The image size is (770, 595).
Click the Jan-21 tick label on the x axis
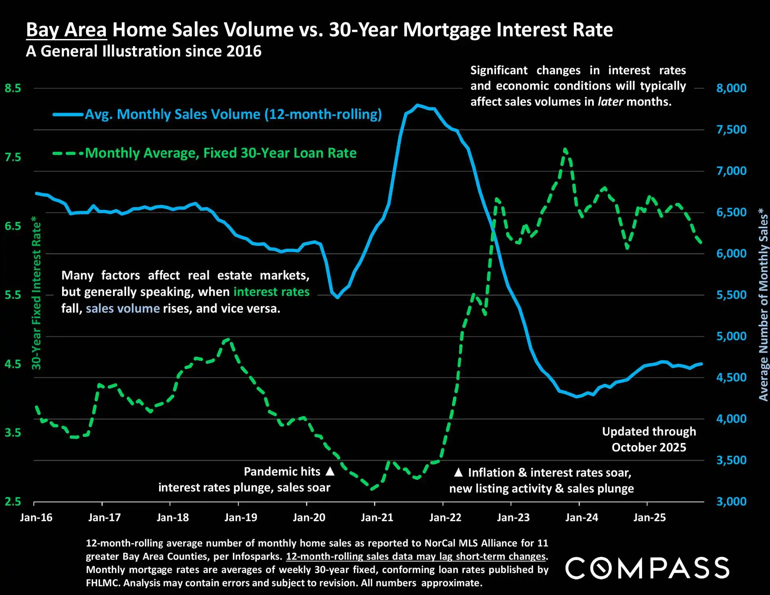click(377, 517)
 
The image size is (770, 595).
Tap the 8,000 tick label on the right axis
click(731, 88)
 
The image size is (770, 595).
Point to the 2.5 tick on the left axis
click(13, 502)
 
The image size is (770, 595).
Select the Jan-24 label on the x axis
click(581, 517)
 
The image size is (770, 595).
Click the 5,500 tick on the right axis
click(731, 295)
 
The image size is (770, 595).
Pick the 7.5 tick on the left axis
click(13, 157)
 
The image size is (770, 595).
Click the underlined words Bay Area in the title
click(66, 30)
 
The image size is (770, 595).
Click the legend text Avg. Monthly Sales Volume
click(233, 114)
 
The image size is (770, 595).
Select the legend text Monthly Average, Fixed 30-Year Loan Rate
click(221, 153)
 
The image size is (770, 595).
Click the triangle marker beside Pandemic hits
click(330, 471)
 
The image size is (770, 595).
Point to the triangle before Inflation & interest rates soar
click(458, 472)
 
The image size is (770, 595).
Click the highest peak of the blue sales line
click(417, 105)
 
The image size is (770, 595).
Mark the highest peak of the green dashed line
click(565, 150)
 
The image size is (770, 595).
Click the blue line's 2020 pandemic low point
click(337, 297)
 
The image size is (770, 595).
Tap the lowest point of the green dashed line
click(372, 489)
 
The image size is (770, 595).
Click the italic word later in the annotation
click(610, 102)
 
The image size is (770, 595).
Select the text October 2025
click(649, 447)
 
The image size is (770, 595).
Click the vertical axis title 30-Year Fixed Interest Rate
click(36, 293)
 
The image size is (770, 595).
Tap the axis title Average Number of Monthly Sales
click(763, 304)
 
